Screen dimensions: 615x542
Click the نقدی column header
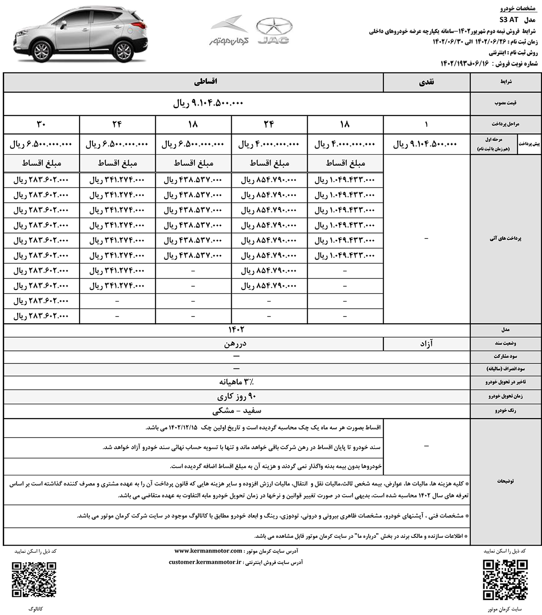coord(426,82)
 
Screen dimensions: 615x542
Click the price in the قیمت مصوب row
coord(208,103)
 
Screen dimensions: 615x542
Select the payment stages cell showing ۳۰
coord(41,124)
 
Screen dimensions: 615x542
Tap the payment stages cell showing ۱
coord(426,124)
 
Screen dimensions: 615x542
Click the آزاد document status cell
coord(426,344)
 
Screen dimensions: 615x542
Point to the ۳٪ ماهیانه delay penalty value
coord(237,382)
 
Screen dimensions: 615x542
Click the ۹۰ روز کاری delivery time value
coord(237,396)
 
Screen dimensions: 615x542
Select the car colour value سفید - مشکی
coord(237,411)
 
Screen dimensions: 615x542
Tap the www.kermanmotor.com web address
coord(208,551)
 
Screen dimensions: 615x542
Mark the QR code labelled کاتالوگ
coord(34,579)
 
